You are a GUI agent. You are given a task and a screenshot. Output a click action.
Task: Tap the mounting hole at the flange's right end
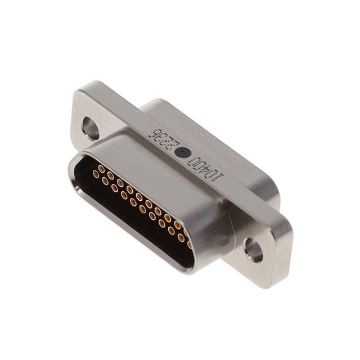[253, 249]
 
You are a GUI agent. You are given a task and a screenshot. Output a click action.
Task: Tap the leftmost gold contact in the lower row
[96, 174]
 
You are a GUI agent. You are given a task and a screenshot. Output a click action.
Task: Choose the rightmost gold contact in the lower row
[189, 244]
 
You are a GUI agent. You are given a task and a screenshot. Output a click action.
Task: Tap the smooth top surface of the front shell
[163, 174]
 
